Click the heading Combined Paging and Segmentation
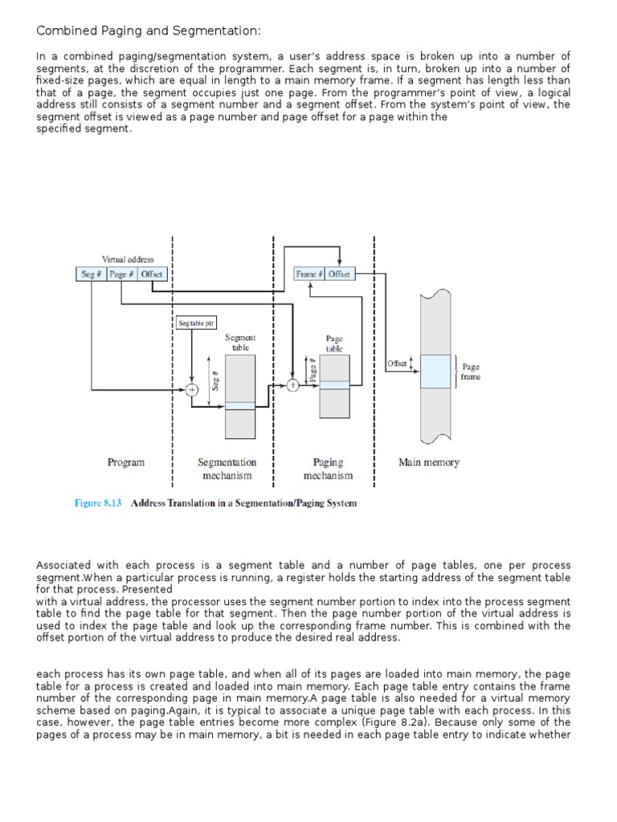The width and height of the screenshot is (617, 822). coord(149,31)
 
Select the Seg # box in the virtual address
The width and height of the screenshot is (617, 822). coord(91,275)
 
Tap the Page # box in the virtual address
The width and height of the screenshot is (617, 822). coord(121,275)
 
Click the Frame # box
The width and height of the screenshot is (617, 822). coord(309,275)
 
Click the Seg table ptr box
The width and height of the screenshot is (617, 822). coord(196,324)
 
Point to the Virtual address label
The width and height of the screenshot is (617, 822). coord(128,259)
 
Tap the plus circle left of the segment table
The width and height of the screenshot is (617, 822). coord(192,390)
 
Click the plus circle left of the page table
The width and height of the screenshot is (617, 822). coord(293,385)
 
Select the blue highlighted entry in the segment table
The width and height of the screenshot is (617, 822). coord(239,405)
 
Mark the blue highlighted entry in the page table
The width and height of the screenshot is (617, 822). coord(335,385)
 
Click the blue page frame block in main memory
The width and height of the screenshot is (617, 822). coord(435,372)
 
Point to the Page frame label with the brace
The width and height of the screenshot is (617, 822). coord(470,372)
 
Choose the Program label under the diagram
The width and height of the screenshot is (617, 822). coord(126,462)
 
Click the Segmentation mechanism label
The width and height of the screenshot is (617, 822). coord(227,469)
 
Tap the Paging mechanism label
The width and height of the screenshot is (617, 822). coord(328,469)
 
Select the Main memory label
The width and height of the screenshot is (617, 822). coord(429,462)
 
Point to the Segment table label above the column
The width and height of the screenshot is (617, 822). coord(239,343)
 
